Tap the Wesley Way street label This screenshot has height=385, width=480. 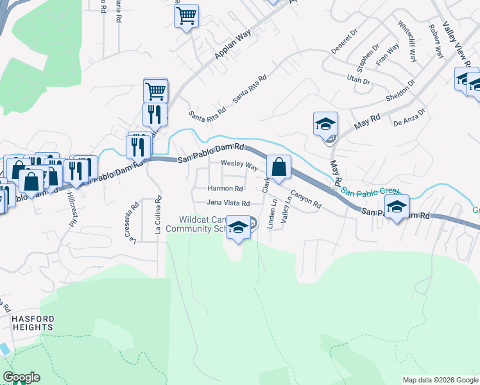pyautogui.click(x=239, y=166)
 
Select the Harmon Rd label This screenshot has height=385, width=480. pyautogui.click(x=225, y=189)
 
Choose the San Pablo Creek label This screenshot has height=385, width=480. pyautogui.click(x=371, y=191)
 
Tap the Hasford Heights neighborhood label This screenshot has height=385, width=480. pyautogui.click(x=32, y=323)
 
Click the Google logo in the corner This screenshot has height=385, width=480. pyautogui.click(x=21, y=377)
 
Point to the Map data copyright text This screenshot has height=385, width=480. pyautogui.click(x=440, y=380)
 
